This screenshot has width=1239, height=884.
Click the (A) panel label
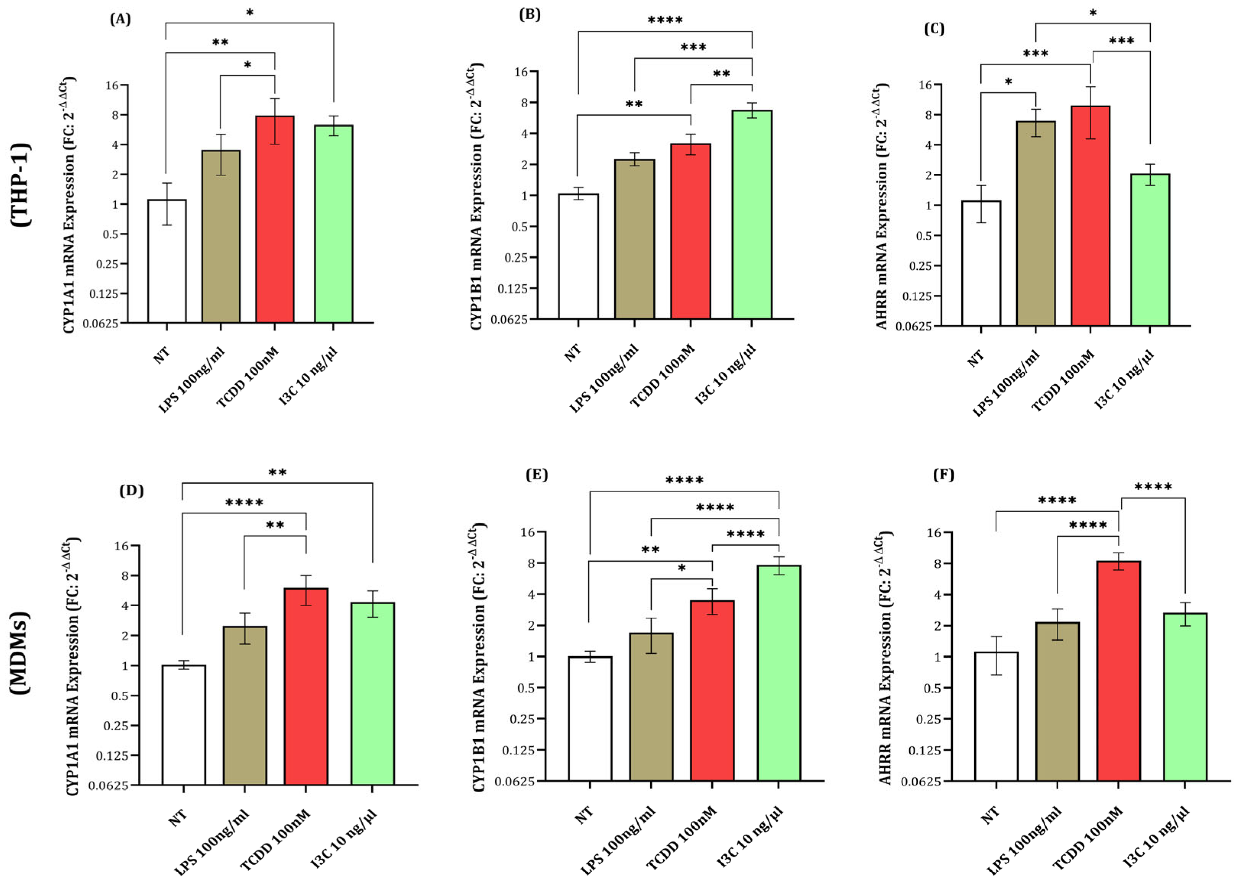(x=120, y=19)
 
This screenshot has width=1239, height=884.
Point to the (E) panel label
(x=536, y=475)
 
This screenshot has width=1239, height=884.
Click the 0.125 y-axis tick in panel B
(x=513, y=289)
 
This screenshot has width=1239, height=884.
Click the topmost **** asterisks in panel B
(x=665, y=21)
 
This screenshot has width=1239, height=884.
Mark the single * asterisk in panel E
(x=681, y=569)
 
